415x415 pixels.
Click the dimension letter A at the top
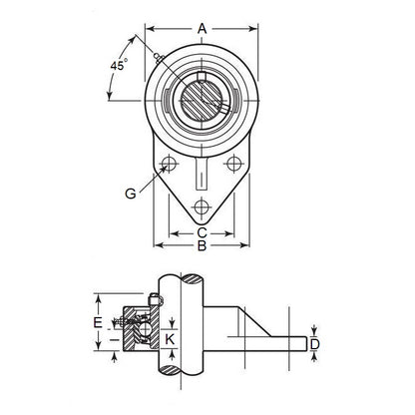(x=204, y=29)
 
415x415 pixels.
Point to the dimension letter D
(x=314, y=344)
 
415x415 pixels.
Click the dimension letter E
(x=97, y=322)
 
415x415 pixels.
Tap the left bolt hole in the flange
(x=168, y=165)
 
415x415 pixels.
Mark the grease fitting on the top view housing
(x=160, y=56)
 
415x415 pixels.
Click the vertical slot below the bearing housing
(x=203, y=175)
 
